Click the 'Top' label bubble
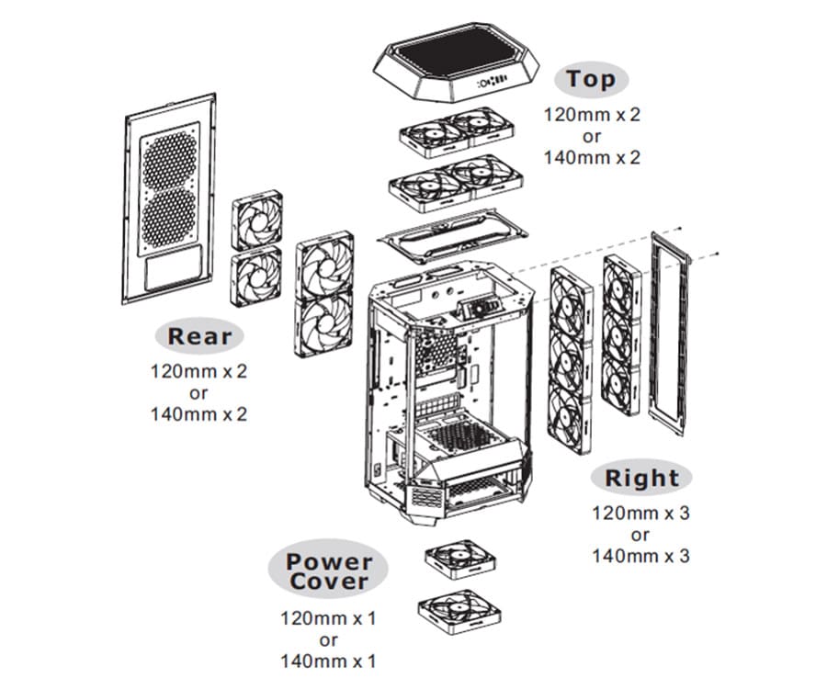(591, 80)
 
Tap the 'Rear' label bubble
(200, 336)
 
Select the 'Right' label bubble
(641, 478)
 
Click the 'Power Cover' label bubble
(328, 571)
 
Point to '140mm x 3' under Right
(640, 556)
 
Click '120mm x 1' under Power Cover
(328, 618)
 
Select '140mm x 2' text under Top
(591, 157)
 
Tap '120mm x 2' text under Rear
(199, 372)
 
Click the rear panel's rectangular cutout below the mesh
(172, 272)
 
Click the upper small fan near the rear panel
(256, 220)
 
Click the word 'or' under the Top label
(591, 137)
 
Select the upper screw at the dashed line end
(676, 226)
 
